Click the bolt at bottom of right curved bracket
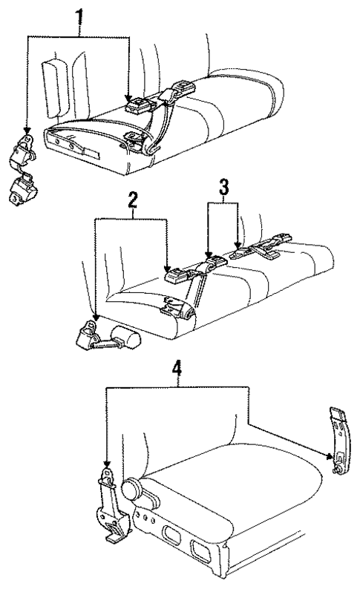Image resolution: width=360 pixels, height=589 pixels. tap(338, 470)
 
